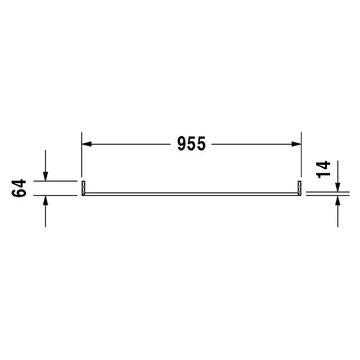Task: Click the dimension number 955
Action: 191,144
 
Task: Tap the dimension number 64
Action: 19,188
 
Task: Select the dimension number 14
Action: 323,170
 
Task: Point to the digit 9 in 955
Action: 182,144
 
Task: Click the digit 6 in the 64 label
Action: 19,193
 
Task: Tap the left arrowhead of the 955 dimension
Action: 86,144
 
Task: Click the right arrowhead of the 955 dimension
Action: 296,144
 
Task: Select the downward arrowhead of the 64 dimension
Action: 46,176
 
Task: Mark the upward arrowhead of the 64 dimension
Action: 46,201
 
